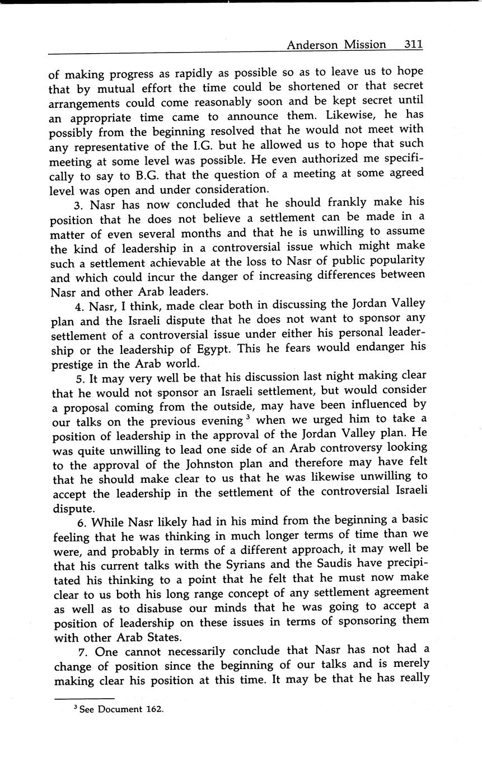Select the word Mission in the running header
point(366,45)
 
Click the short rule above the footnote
point(84,698)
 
